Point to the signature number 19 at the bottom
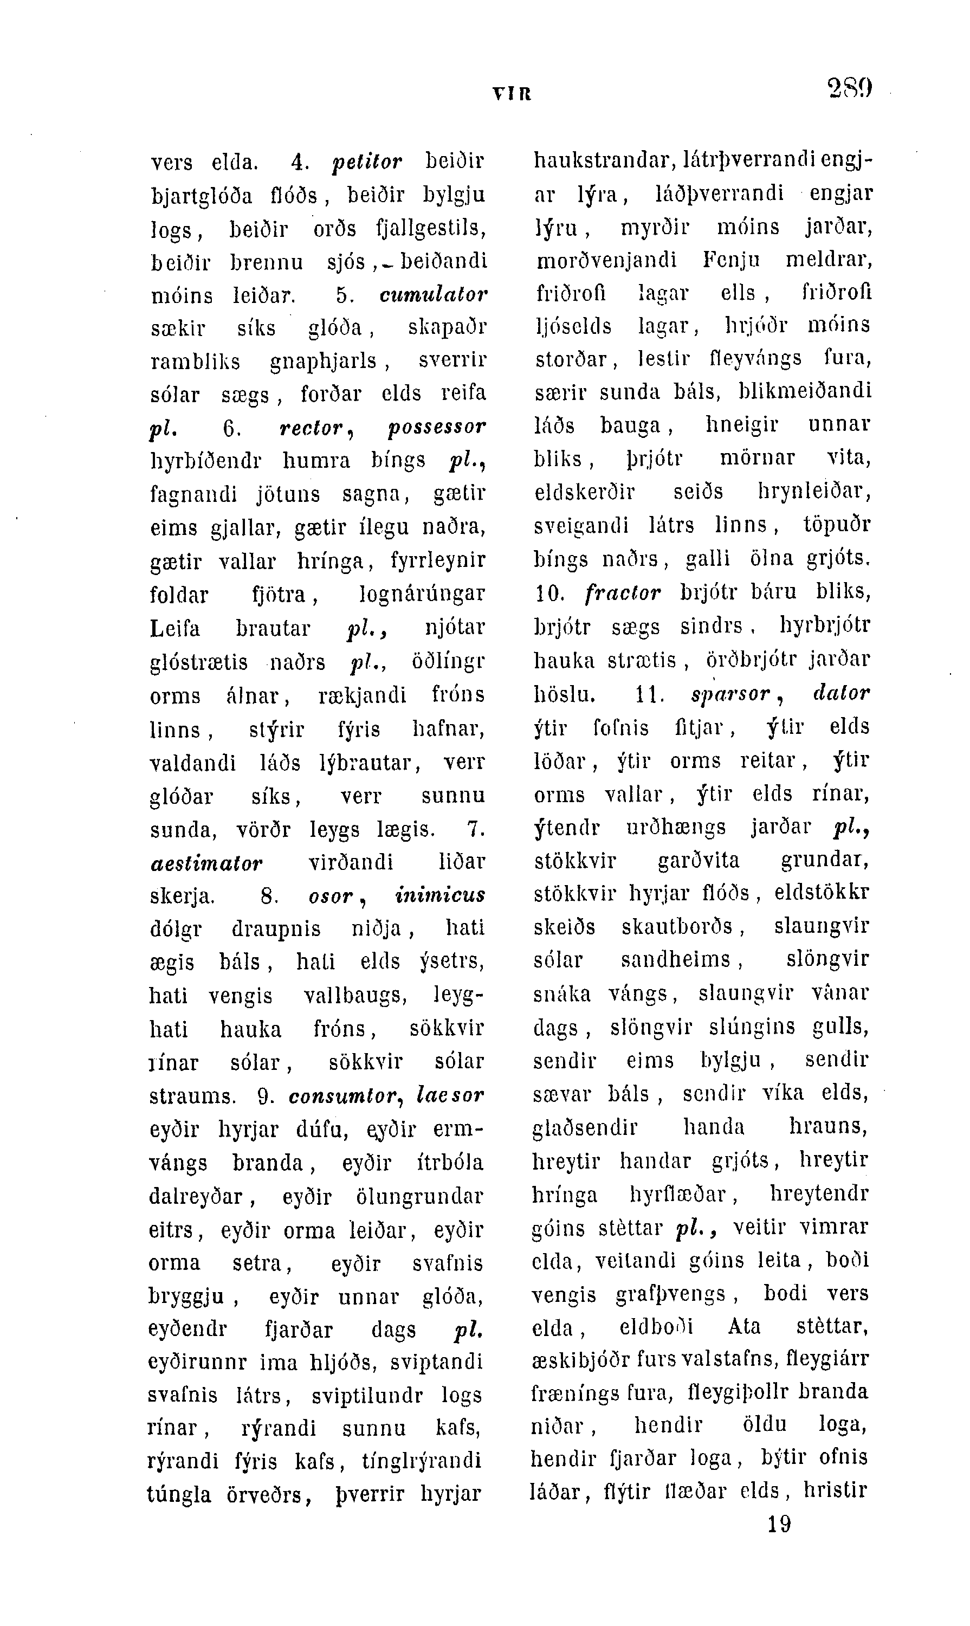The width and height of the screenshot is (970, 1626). pyautogui.click(x=779, y=1525)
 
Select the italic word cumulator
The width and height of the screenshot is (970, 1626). pyautogui.click(x=434, y=295)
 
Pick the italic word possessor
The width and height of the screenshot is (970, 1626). pyautogui.click(x=437, y=428)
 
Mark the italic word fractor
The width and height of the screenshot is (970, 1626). pyautogui.click(x=623, y=593)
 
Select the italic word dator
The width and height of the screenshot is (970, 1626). pyautogui.click(x=840, y=693)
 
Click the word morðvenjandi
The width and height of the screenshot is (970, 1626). pyautogui.click(x=606, y=261)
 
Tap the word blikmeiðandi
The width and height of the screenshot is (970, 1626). pyautogui.click(x=805, y=391)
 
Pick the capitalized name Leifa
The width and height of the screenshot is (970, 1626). pyautogui.click(x=175, y=629)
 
